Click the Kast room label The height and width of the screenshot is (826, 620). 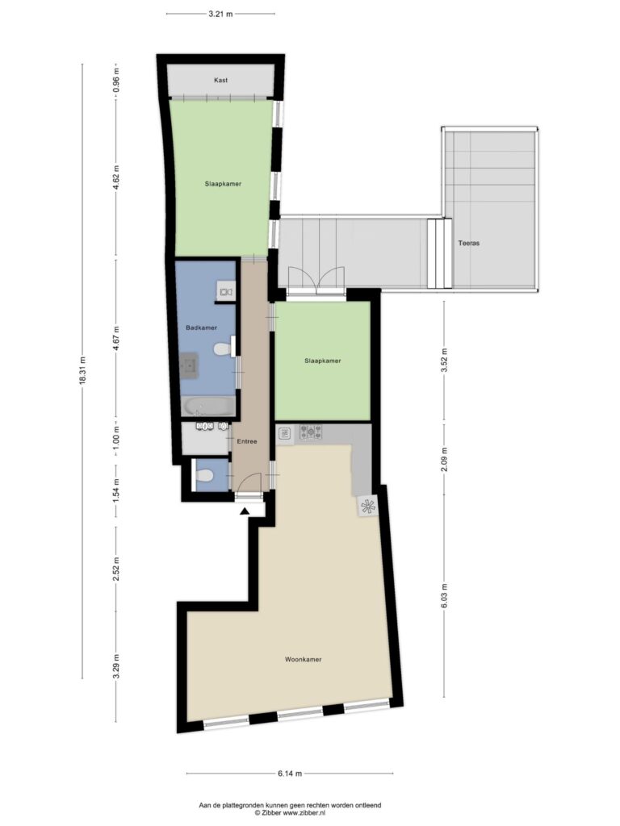click(x=220, y=81)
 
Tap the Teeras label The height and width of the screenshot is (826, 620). click(x=469, y=243)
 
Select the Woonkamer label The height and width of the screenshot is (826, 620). click(x=304, y=659)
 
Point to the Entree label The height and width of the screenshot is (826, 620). click(x=246, y=441)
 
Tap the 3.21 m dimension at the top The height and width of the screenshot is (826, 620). click(x=220, y=13)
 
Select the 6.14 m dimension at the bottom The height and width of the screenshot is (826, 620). click(x=290, y=774)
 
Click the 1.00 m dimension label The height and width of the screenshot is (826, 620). click(x=116, y=440)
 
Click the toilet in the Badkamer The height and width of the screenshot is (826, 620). click(x=220, y=349)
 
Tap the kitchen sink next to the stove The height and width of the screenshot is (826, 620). click(x=285, y=434)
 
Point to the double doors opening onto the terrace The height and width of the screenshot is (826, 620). click(x=316, y=278)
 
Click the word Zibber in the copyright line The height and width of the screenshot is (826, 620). click(x=272, y=813)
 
